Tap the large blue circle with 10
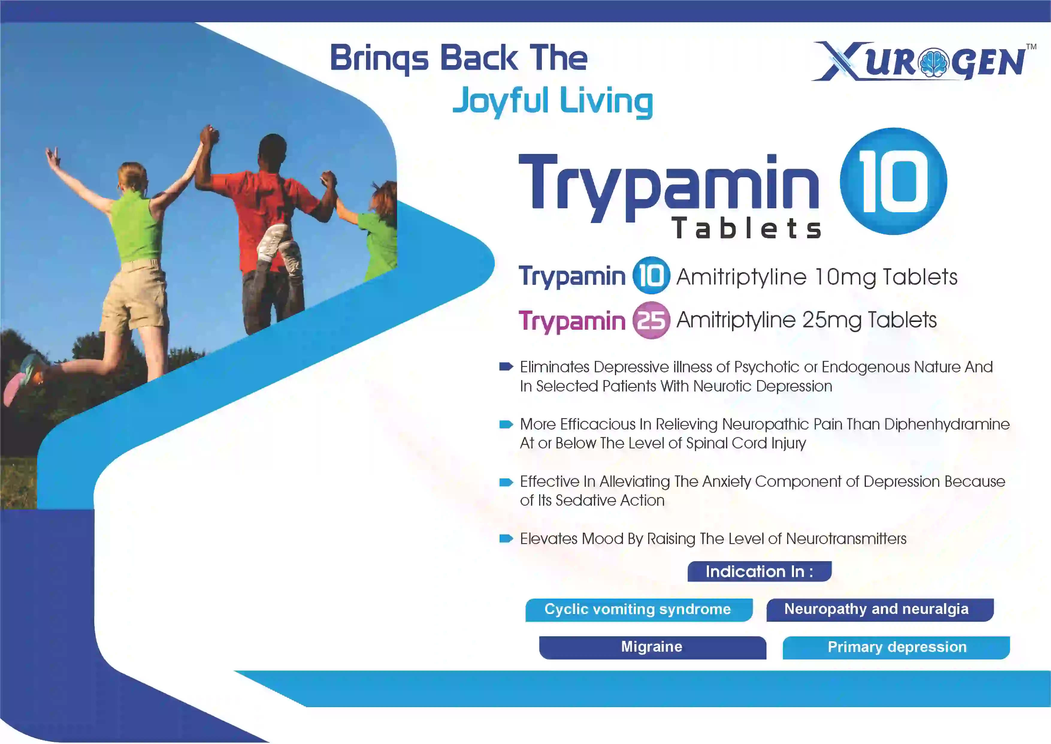[x=893, y=181]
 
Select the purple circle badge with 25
[x=651, y=320]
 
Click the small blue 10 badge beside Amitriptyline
[x=651, y=275]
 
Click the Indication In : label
[x=759, y=571]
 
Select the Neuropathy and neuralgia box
[x=880, y=610]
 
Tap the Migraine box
[x=653, y=647]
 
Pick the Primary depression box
[x=896, y=647]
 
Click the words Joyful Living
[x=553, y=101]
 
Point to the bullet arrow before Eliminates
[x=506, y=367]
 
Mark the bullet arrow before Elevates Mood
[x=506, y=538]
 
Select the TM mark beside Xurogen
[x=1031, y=46]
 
